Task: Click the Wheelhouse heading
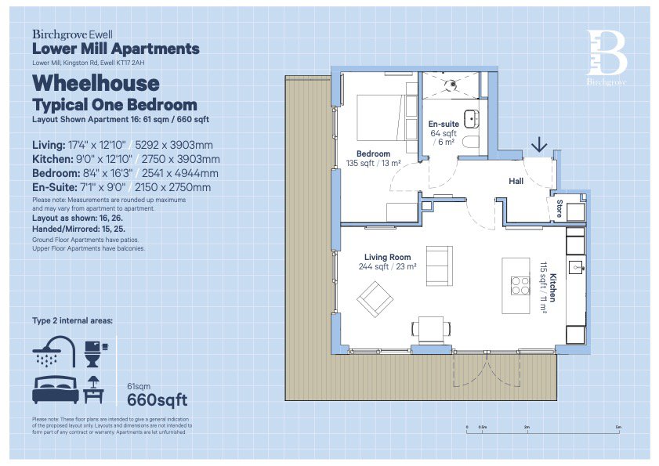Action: click(x=95, y=83)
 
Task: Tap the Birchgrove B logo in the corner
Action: click(x=607, y=52)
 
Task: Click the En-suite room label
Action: click(x=443, y=125)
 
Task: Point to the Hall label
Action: click(x=516, y=181)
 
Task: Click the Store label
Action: click(x=559, y=210)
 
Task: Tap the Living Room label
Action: click(x=387, y=257)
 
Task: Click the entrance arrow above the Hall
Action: click(x=539, y=145)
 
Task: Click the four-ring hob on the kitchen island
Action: click(x=520, y=287)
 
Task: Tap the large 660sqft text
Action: click(x=158, y=400)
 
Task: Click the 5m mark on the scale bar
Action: click(x=619, y=428)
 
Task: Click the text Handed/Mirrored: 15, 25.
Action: click(x=78, y=226)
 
